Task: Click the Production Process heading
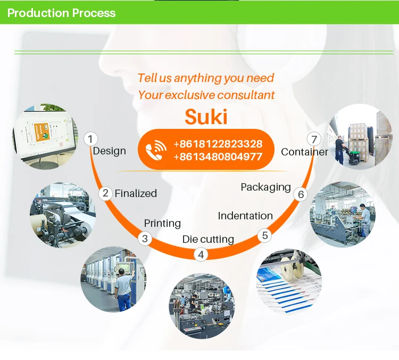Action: [x=61, y=13]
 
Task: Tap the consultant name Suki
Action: [x=206, y=117]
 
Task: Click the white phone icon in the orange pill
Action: [x=156, y=150]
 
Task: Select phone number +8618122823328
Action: [x=218, y=144]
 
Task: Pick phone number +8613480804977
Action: [x=218, y=157]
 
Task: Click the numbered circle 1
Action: [x=90, y=139]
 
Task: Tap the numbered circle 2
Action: [x=105, y=193]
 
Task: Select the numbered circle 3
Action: [x=145, y=239]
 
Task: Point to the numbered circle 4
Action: [x=201, y=255]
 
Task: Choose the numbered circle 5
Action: [x=264, y=235]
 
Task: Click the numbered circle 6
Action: [x=301, y=194]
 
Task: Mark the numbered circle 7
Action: [x=314, y=140]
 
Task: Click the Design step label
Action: [x=110, y=151]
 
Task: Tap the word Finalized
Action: [x=136, y=193]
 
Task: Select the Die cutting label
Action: [x=208, y=239]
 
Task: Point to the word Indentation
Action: [x=245, y=216]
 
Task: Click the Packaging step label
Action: [x=265, y=187]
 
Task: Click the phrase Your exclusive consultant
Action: [x=206, y=95]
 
